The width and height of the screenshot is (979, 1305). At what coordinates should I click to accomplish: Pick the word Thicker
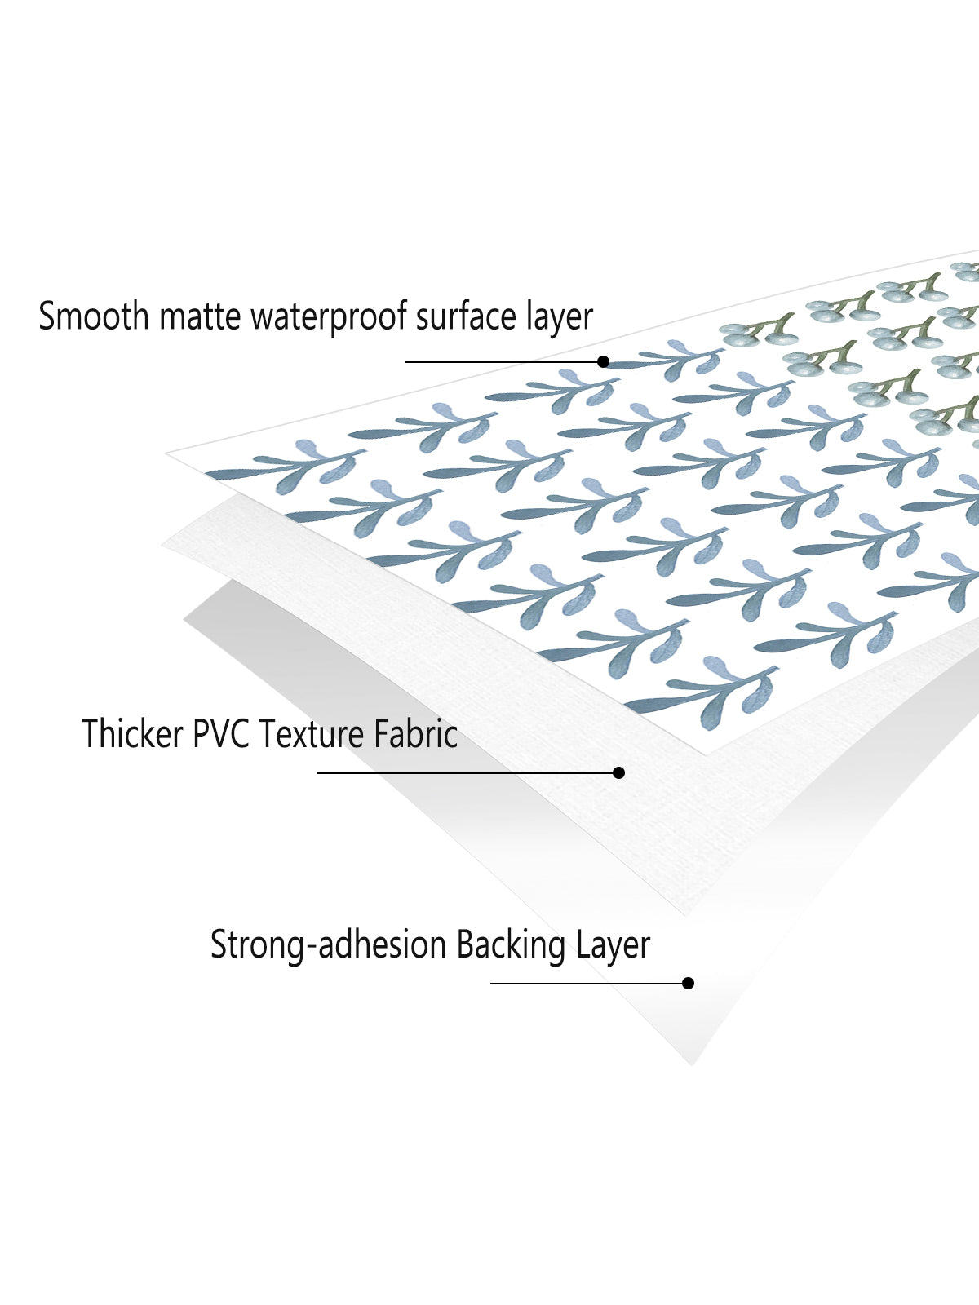(x=132, y=733)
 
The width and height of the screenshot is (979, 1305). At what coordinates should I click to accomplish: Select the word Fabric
(x=416, y=733)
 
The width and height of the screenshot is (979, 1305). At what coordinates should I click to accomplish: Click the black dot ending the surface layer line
(x=604, y=361)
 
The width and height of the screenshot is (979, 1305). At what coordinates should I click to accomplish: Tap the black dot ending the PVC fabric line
(x=618, y=773)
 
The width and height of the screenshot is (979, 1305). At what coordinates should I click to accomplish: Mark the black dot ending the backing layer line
(x=689, y=984)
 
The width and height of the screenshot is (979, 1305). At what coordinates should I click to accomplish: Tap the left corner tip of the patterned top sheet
(x=166, y=453)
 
